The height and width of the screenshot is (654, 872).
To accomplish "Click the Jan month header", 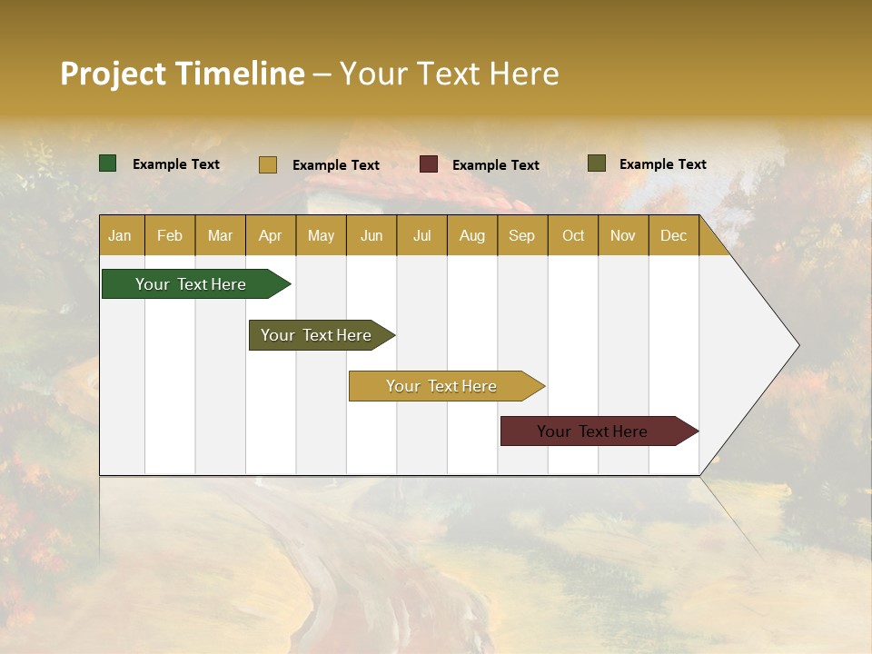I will [120, 235].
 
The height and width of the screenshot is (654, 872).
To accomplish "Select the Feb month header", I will [170, 235].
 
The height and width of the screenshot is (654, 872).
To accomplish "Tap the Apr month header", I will [271, 235].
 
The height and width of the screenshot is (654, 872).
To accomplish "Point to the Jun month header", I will [372, 235].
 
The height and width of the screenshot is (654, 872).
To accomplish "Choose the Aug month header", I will [472, 235].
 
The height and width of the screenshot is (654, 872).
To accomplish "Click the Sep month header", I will [522, 235].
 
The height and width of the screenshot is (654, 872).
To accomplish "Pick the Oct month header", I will [573, 235].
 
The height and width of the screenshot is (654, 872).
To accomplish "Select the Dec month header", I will [674, 235].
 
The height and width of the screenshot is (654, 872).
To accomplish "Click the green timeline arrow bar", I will [192, 284].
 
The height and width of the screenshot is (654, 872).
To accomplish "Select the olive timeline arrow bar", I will [317, 335].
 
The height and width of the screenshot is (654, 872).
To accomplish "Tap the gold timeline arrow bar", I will [442, 386].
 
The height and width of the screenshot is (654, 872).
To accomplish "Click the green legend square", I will [108, 163].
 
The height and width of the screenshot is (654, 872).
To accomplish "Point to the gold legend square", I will [268, 164].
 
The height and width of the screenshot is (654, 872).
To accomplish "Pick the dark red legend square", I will [429, 164].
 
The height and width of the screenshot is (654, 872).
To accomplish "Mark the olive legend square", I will [597, 163].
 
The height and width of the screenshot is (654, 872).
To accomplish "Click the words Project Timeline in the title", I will [183, 74].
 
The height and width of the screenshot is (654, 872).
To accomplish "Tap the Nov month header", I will [623, 235].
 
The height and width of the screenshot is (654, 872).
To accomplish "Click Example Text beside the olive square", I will [663, 163].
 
